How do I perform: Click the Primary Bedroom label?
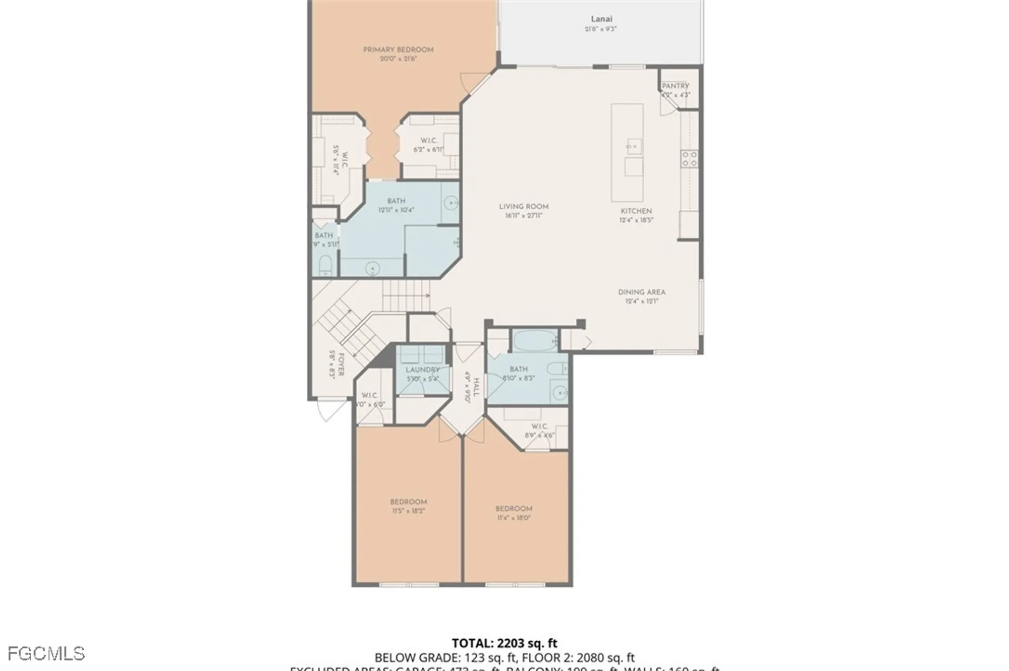point(398,49)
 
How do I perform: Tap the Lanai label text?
point(601,19)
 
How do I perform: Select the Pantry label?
point(675,86)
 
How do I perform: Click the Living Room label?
point(524,207)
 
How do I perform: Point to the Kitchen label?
point(636,211)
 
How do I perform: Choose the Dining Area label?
point(642,292)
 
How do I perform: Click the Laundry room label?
point(423,370)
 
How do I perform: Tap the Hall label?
point(476,387)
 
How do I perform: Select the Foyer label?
point(341,364)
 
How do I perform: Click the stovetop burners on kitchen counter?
point(689,159)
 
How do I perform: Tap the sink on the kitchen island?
point(633,147)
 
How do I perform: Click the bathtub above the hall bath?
point(535,340)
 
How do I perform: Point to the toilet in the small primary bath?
point(325,265)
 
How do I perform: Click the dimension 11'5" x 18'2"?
point(408,511)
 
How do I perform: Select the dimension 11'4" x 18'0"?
point(514,518)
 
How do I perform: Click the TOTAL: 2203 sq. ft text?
point(504,643)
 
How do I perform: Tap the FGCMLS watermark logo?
point(46,654)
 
